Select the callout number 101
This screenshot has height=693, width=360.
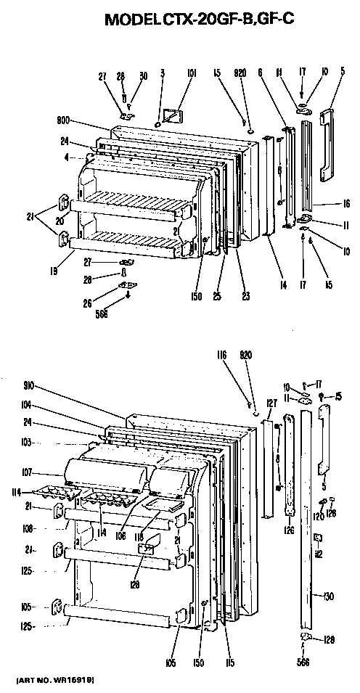pos(192,73)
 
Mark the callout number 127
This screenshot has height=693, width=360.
pos(271,403)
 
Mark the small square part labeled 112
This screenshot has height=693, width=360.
pos(317,537)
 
